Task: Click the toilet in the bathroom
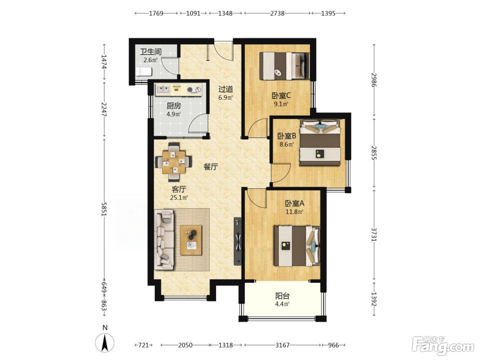(144, 71)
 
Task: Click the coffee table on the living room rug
(191, 240)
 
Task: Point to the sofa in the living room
(164, 240)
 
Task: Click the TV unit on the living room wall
(238, 241)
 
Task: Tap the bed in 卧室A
(297, 246)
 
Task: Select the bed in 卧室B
(320, 143)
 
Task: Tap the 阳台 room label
(282, 296)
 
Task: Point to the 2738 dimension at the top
(277, 14)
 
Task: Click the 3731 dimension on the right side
(374, 235)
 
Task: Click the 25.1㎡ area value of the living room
(179, 198)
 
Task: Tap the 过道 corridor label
(226, 89)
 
